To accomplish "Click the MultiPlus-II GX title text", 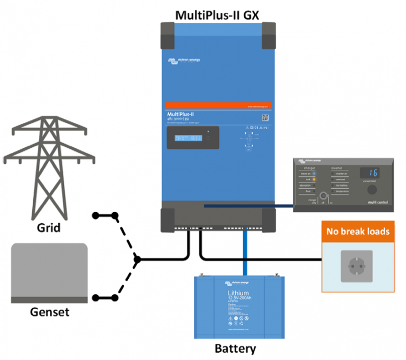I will tap(217, 15).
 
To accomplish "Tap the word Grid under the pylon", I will tap(49, 227).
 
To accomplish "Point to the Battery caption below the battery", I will tap(235, 348).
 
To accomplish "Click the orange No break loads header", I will tap(358, 232).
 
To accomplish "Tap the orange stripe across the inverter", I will tap(218, 105).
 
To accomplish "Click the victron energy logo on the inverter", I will tap(184, 60).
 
